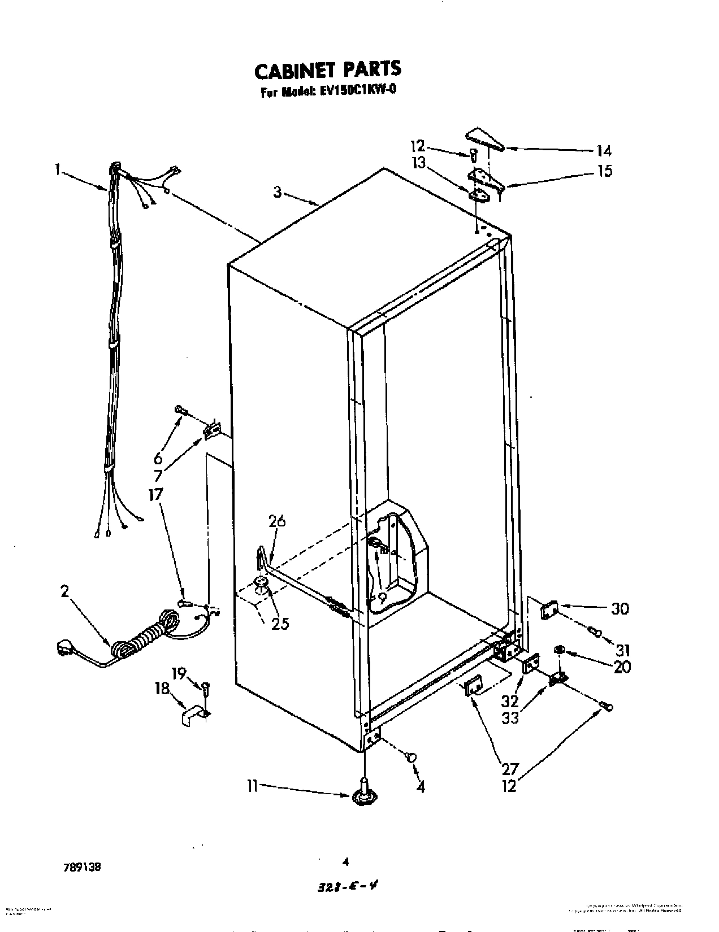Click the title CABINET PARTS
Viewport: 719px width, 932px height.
(327, 69)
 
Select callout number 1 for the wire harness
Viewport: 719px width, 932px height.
(58, 168)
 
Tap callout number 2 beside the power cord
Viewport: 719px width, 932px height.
(64, 591)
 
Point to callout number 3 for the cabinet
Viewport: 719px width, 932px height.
(278, 192)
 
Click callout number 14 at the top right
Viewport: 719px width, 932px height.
(604, 151)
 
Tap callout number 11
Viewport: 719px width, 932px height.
(252, 785)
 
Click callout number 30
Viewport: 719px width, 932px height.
(620, 608)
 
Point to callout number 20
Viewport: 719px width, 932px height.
(622, 667)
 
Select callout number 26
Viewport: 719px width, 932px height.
(277, 521)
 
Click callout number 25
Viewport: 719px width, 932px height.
(280, 623)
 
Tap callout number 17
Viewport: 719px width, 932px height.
(155, 494)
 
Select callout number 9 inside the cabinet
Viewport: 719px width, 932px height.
(382, 597)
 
